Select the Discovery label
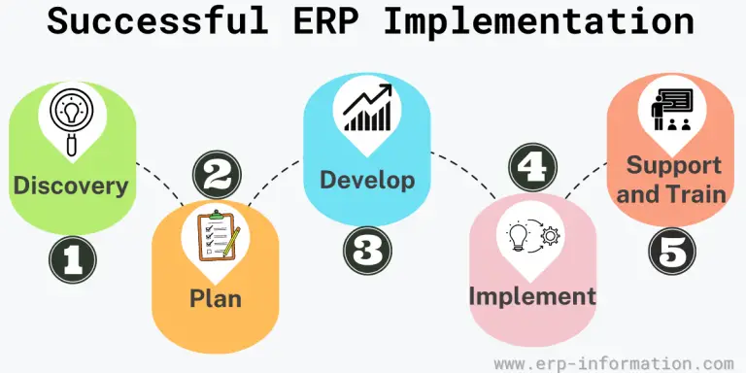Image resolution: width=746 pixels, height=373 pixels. pyautogui.click(x=71, y=186)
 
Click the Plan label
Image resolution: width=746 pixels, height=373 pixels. pyautogui.click(x=216, y=297)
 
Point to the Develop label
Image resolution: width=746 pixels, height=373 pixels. pyautogui.click(x=367, y=180)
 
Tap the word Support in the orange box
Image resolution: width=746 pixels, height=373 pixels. pyautogui.click(x=673, y=164)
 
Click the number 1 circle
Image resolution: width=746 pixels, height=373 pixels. pyautogui.click(x=74, y=259)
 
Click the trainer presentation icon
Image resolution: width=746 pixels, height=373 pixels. pyautogui.click(x=673, y=110)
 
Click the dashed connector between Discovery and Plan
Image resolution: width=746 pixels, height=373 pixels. pyautogui.click(x=160, y=185)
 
